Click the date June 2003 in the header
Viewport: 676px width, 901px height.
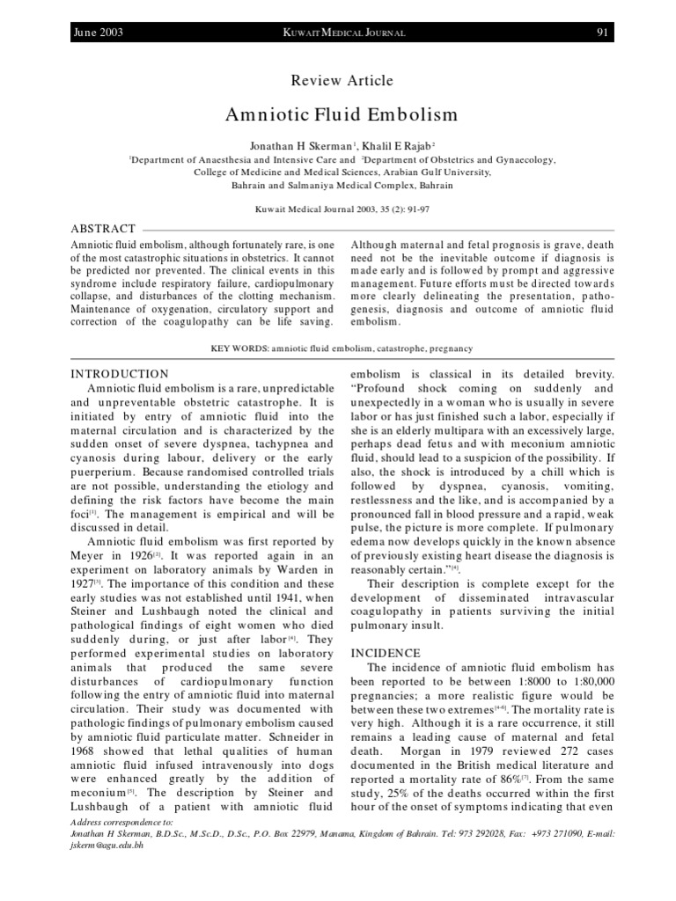[99, 33]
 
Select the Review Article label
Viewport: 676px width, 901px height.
[342, 81]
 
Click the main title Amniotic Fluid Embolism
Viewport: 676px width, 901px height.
[342, 115]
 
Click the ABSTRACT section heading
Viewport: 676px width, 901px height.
[103, 229]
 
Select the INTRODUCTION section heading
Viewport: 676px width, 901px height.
[119, 374]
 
